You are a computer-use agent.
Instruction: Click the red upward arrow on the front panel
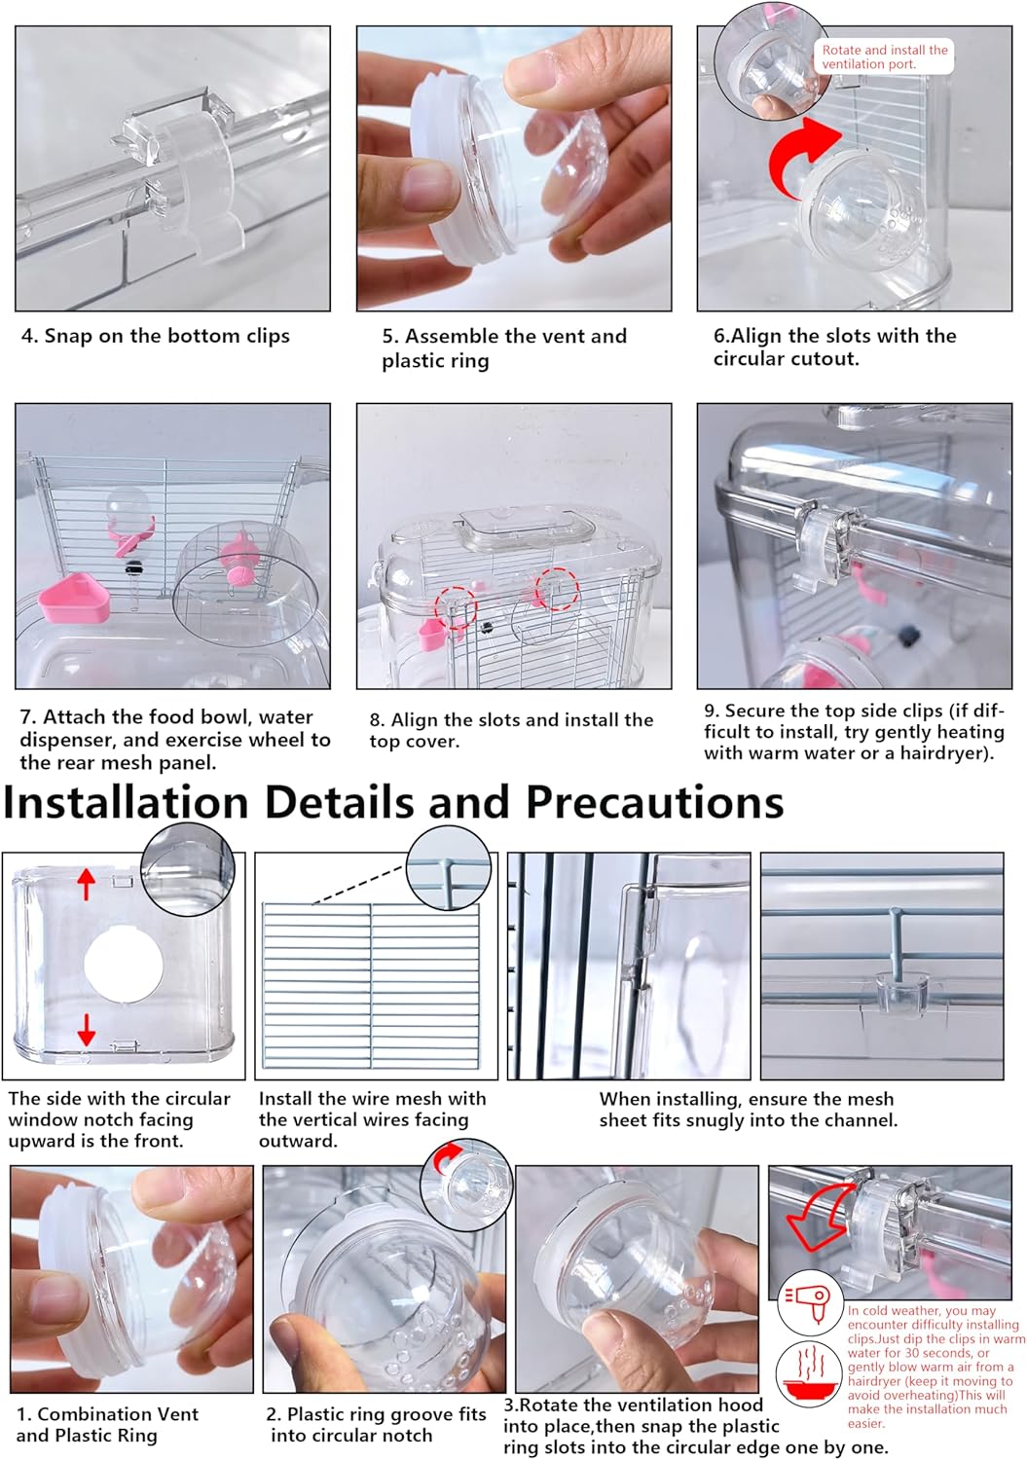coord(87,884)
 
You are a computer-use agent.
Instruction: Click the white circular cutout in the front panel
coord(123,965)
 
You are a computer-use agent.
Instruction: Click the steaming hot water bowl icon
coord(809,1372)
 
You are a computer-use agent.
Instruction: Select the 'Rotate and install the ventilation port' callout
coord(883,56)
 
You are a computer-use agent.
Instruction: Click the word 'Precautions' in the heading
coord(654,803)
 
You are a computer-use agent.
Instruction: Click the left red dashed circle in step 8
coord(455,605)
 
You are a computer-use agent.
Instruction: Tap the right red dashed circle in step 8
coord(558,589)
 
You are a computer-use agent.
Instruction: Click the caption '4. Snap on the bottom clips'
coord(156,336)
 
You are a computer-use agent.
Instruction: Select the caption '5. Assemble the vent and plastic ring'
coord(503,347)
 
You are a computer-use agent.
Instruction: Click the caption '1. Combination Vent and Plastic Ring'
coord(107,1424)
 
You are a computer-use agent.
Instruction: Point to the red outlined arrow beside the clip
coord(816,1217)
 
